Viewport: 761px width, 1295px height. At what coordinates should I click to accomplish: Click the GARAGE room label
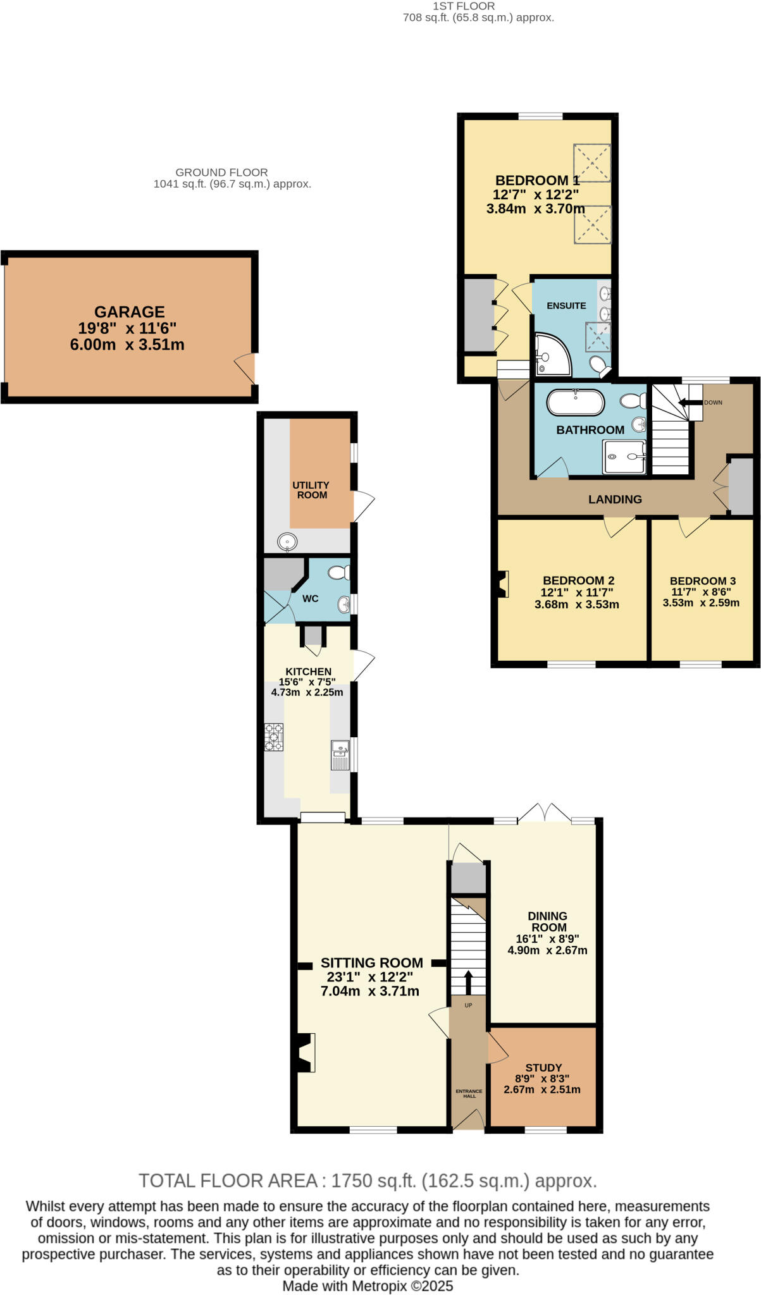(130, 312)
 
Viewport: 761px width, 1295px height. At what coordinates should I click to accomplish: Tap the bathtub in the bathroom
(574, 402)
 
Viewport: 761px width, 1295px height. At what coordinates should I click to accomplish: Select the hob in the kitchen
(274, 737)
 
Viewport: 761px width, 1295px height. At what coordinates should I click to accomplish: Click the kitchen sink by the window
(340, 755)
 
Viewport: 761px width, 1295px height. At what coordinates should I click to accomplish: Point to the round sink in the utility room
(287, 542)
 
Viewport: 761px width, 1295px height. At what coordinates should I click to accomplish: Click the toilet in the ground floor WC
(338, 573)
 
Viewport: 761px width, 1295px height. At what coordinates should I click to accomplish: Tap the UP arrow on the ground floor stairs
(468, 983)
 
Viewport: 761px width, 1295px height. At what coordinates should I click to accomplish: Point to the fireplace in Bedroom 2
(502, 584)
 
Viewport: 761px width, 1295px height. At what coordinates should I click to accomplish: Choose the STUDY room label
(543, 1067)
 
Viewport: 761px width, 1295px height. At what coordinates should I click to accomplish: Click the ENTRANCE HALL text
(469, 1093)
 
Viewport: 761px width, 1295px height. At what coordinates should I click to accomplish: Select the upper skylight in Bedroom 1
(592, 163)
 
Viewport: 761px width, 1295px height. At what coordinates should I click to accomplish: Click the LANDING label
(615, 500)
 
